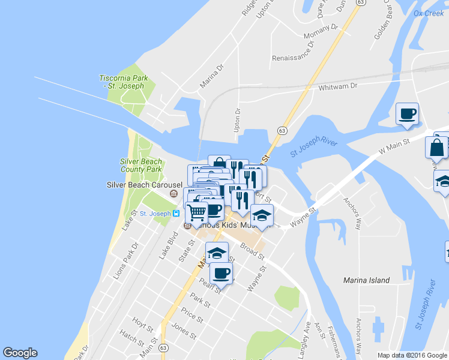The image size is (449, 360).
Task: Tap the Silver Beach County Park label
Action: (x=141, y=166)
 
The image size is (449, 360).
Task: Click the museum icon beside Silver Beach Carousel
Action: (x=174, y=194)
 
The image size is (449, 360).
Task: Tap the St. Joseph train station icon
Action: (x=176, y=213)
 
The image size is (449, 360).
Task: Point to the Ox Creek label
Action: (x=429, y=13)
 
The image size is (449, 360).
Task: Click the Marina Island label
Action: (x=366, y=280)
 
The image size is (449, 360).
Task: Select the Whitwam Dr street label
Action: (x=338, y=86)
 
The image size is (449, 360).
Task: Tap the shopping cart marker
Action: (x=196, y=212)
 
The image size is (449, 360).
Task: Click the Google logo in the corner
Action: (x=20, y=353)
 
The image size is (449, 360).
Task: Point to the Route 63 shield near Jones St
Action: (x=163, y=347)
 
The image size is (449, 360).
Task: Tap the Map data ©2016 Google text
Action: (x=412, y=355)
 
